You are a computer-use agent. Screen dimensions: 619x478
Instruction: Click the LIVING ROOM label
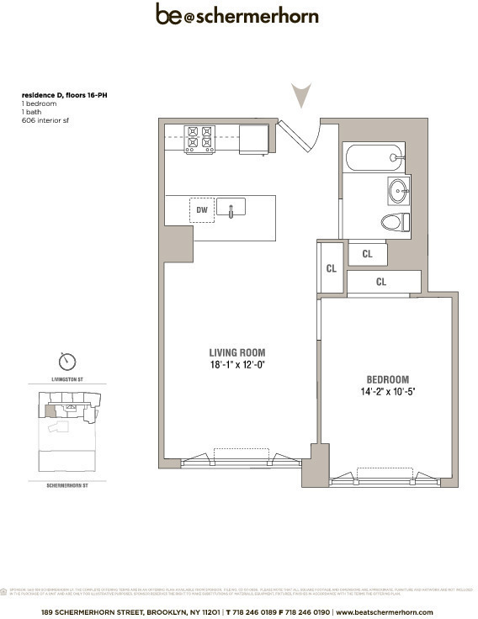(x=237, y=352)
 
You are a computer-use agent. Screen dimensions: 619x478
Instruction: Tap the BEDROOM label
(x=386, y=379)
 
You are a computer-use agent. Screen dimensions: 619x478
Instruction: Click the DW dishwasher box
(x=201, y=209)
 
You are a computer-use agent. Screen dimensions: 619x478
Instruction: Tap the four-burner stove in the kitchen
(x=199, y=139)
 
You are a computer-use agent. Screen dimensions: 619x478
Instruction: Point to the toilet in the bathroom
(x=394, y=223)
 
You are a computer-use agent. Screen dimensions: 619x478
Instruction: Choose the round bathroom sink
(x=398, y=190)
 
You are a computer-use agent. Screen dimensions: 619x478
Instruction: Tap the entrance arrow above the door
(x=300, y=94)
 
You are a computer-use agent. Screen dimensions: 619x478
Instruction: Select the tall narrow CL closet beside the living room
(x=331, y=268)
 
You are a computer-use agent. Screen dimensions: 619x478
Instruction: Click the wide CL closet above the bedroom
(x=382, y=282)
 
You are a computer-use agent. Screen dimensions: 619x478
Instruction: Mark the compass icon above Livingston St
(x=66, y=362)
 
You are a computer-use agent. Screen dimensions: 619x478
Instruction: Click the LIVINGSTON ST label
(x=66, y=381)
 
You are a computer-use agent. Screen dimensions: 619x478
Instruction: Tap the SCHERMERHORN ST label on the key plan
(x=66, y=485)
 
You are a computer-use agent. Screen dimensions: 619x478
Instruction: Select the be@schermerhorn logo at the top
(x=236, y=15)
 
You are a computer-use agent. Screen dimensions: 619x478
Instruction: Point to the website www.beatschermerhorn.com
(x=384, y=611)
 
